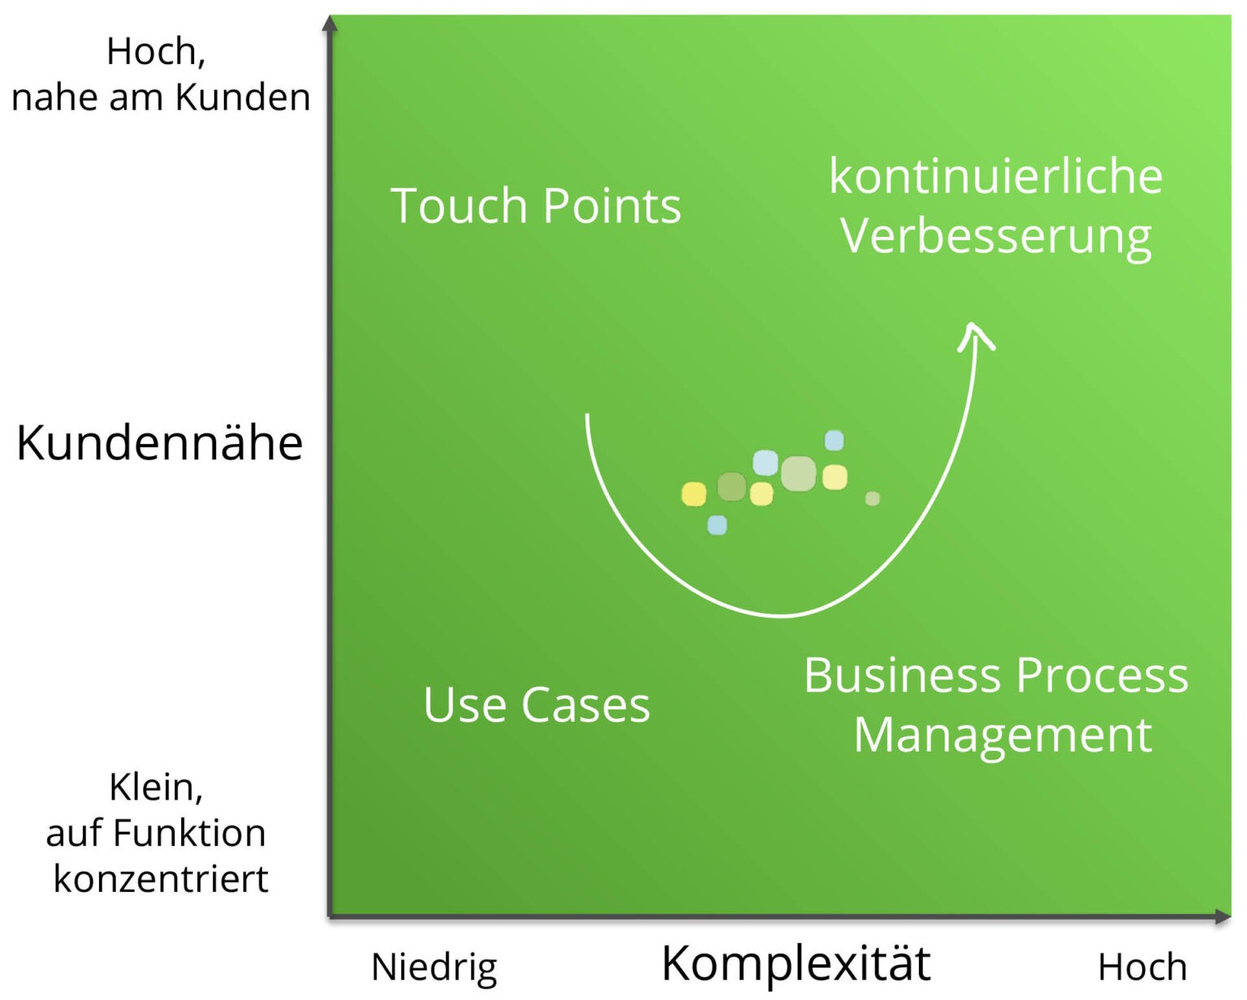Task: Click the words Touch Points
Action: pos(536,205)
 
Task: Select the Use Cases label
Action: pos(537,705)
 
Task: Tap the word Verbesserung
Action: pos(996,236)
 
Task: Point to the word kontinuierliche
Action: pos(996,176)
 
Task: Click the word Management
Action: pos(1003,735)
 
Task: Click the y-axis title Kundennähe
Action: pos(159,443)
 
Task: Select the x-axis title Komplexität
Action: pos(796,963)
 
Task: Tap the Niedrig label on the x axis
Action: pos(434,967)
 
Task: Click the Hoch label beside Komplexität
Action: pos(1141,967)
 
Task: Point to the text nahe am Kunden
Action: pos(161,97)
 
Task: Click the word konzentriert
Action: pos(161,879)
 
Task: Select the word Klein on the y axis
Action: pos(153,787)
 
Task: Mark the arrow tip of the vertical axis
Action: pos(329,23)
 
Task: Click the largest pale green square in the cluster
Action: pos(798,474)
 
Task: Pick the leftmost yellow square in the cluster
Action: pos(693,494)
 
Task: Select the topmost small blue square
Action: pos(834,441)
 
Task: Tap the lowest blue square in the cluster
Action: pos(717,525)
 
